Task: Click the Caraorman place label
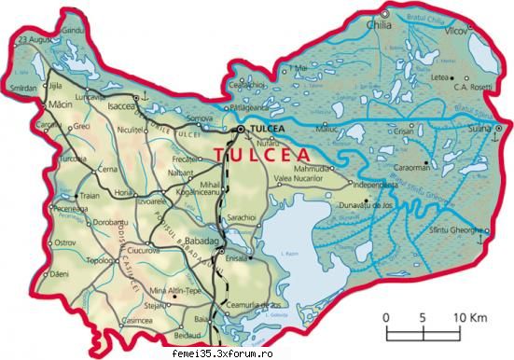[x=411, y=168]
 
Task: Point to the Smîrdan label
[x=24, y=88]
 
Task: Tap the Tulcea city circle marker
[x=240, y=127]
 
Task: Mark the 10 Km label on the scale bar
[x=471, y=317]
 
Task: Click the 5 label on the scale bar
[x=424, y=317]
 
